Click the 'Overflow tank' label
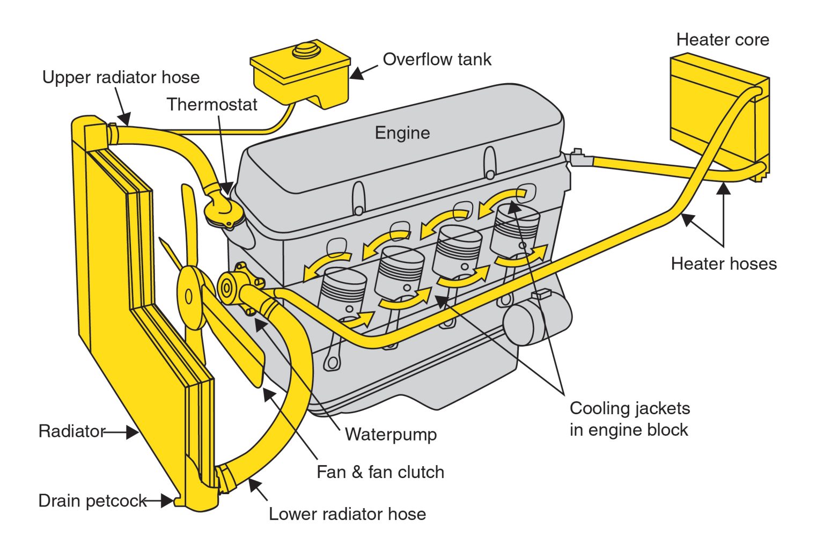(437, 59)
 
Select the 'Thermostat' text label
(212, 104)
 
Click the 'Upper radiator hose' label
(121, 77)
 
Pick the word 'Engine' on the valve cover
(402, 133)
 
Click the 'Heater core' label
(722, 40)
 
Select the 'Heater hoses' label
(724, 263)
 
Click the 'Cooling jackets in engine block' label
(629, 419)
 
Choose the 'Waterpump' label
(391, 434)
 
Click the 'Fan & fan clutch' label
(380, 472)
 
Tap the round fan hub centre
(189, 296)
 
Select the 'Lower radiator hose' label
(347, 514)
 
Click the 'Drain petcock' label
(92, 501)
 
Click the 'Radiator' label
(72, 431)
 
